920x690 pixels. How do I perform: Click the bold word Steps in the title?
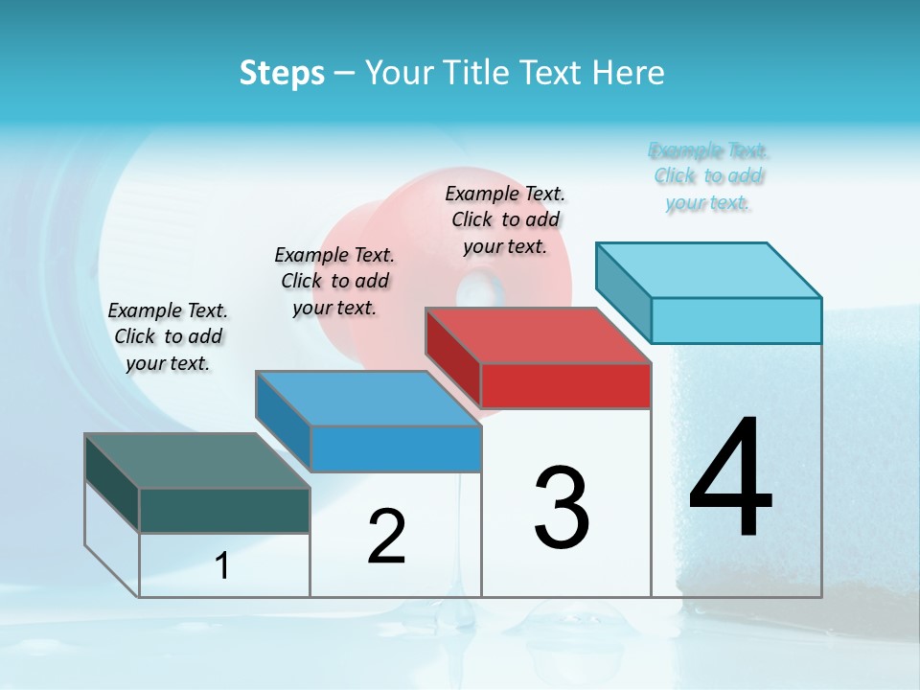coord(282,73)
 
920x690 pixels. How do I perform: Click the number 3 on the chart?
coord(562,508)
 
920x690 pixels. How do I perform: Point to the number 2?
coord(386,537)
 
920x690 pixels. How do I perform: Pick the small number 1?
coord(222,566)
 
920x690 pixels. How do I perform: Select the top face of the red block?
coord(538,335)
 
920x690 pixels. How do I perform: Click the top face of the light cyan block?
coord(709,270)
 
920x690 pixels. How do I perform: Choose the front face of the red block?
coord(565,386)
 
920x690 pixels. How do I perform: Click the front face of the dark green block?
coord(224,511)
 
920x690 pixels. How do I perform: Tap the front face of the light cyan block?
coord(736,321)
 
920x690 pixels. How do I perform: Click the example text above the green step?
coord(168,336)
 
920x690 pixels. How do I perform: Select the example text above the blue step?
coord(334,281)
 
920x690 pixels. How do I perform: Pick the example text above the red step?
coord(505,219)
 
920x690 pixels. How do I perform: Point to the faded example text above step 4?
coord(708,176)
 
